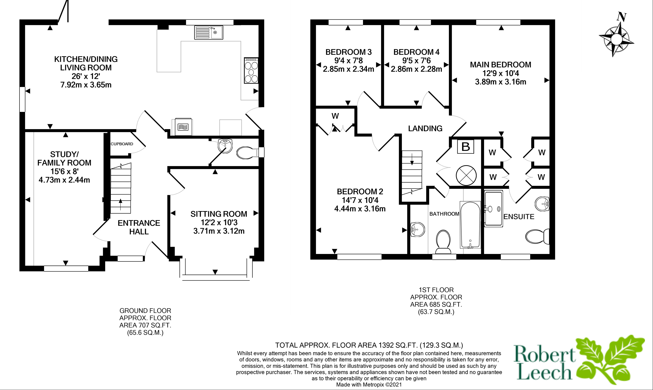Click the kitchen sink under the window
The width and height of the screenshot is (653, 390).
209,32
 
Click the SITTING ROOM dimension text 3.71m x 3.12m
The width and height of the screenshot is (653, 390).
219,231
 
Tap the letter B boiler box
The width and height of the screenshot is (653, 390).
465,147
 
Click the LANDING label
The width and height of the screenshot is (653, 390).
425,128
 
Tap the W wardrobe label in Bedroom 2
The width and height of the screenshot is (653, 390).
335,116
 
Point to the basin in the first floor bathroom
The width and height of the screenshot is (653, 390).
417,230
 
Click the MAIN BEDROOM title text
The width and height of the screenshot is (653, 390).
500,65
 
